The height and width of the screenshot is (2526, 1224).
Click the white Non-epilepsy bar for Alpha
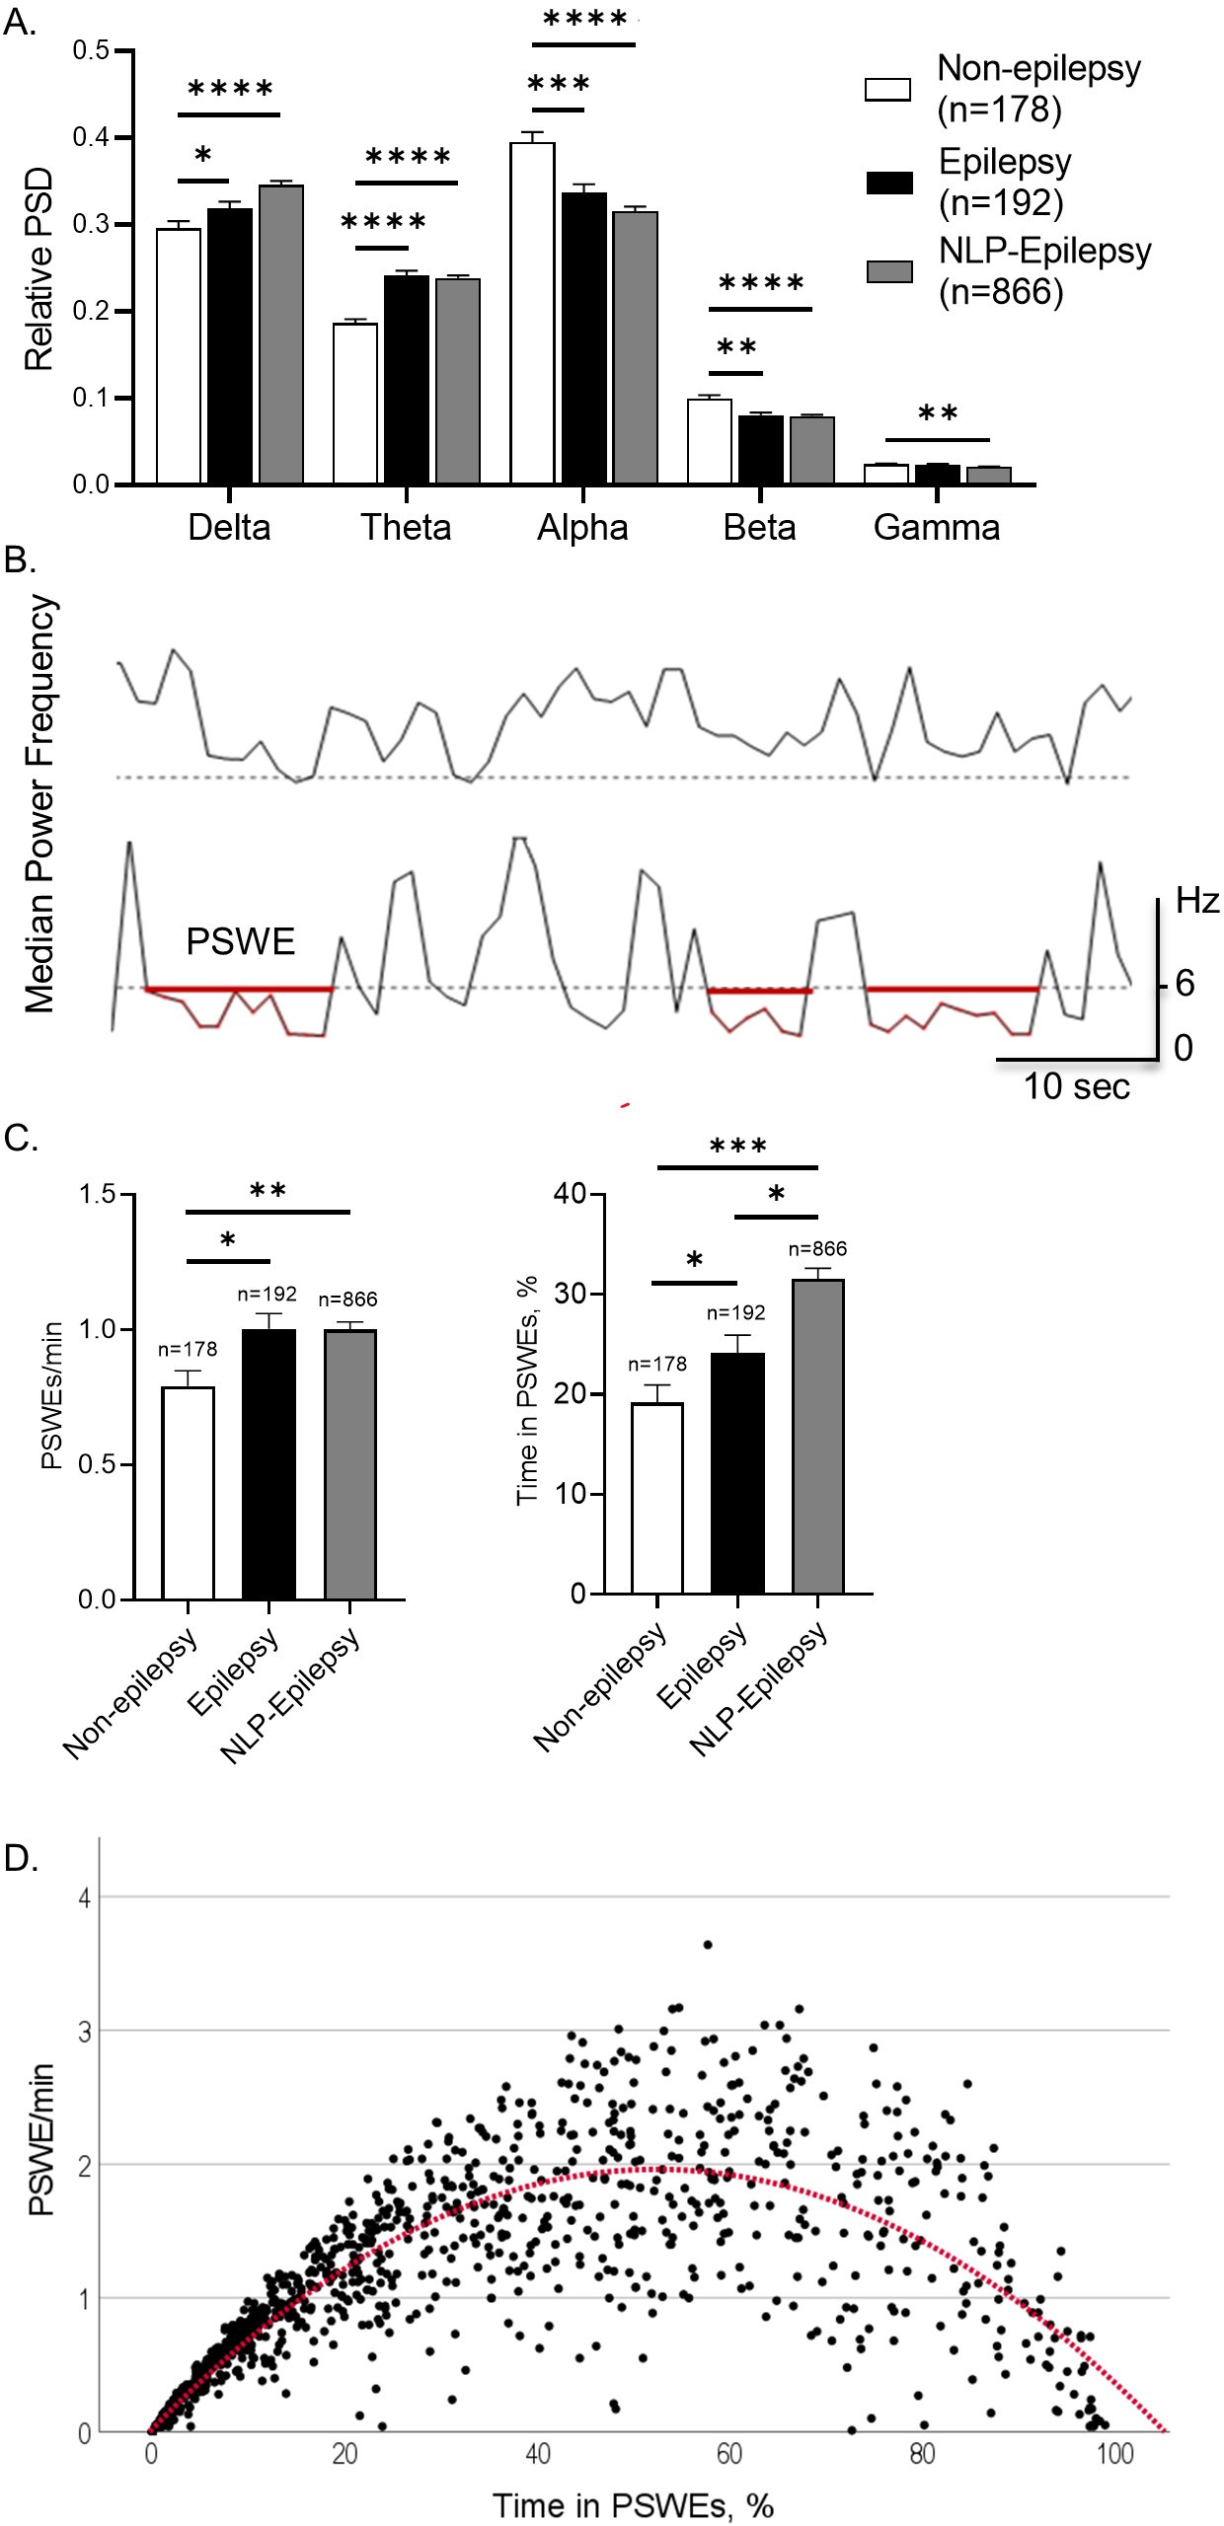tap(532, 313)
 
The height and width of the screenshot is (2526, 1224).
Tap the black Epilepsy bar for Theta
tap(406, 379)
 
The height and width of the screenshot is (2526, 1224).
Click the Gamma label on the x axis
tap(936, 528)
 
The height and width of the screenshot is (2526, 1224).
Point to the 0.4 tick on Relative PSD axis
tap(91, 137)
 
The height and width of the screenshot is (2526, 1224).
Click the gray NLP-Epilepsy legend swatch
tap(888, 271)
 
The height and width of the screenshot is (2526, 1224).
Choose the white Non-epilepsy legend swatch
tap(887, 89)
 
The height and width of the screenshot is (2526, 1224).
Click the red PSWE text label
tap(240, 942)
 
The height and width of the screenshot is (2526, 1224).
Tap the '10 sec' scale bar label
tap(1076, 1086)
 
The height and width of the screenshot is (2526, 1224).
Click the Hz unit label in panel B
tap(1196, 901)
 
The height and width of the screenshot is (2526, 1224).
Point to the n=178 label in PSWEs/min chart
tap(188, 1349)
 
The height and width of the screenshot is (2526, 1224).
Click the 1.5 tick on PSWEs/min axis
tap(98, 1195)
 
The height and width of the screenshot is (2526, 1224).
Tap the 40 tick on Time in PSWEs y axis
tap(571, 1194)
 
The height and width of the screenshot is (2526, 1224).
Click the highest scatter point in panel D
tap(707, 1945)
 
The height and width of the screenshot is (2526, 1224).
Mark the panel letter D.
tap(22, 1857)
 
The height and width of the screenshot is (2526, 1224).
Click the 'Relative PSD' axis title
tap(39, 268)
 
